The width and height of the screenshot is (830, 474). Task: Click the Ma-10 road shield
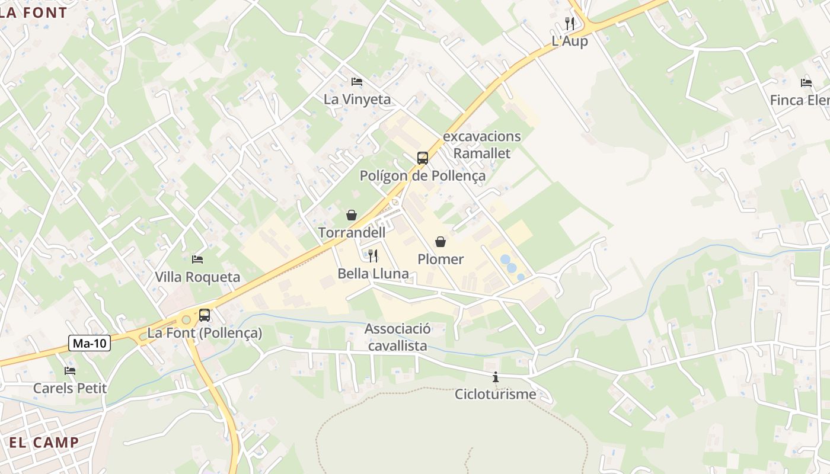tap(90, 343)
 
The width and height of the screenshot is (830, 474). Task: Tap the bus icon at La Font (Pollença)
tap(205, 315)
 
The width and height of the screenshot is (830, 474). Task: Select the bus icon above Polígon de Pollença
tap(422, 158)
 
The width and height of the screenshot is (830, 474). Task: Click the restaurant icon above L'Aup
tap(570, 24)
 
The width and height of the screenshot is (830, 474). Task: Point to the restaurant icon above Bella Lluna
tap(373, 256)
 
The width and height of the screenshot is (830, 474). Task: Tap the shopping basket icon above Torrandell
tap(352, 215)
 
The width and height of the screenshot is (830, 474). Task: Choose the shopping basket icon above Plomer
tap(440, 242)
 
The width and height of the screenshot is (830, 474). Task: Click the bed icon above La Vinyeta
tap(357, 82)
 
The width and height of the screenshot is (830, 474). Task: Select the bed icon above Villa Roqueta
tap(197, 260)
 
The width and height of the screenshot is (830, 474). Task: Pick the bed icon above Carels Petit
tap(70, 371)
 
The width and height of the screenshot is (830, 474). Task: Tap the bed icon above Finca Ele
tap(806, 83)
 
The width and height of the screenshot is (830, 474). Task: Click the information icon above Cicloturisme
tap(496, 377)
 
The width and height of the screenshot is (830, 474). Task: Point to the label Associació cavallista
tap(397, 337)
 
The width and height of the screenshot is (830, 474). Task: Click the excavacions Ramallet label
tap(482, 145)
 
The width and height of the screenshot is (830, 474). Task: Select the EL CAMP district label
tap(44, 443)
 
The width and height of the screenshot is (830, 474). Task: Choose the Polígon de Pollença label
tap(423, 176)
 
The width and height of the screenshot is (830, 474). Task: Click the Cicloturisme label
tap(496, 394)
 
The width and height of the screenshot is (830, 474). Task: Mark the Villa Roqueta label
tap(197, 277)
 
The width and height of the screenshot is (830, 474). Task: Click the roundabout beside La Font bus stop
tap(186, 320)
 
